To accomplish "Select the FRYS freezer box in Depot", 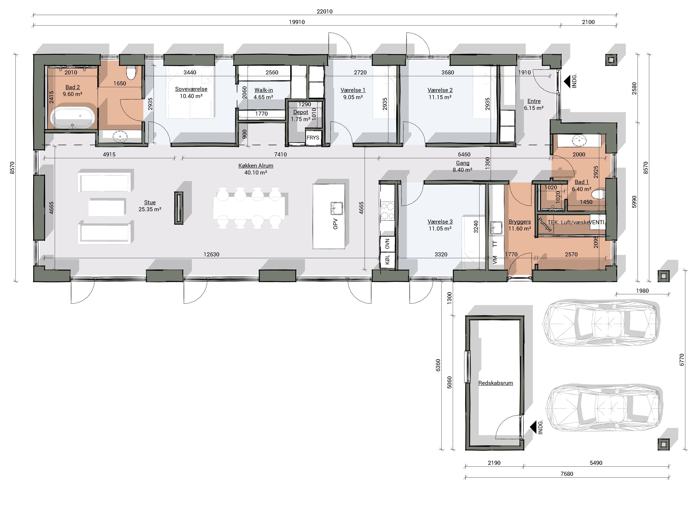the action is tap(313, 137).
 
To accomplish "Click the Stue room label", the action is tap(150, 202).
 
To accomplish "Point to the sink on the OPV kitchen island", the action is tap(337, 208).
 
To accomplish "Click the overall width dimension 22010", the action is tap(324, 11).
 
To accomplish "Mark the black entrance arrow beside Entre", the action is tap(567, 81).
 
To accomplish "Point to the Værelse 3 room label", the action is tap(440, 222).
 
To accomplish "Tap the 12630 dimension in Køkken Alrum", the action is tap(211, 254).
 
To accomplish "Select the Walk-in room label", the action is tap(263, 90).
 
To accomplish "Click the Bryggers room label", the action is tap(520, 222).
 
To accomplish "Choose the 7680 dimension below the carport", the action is tap(567, 474).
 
